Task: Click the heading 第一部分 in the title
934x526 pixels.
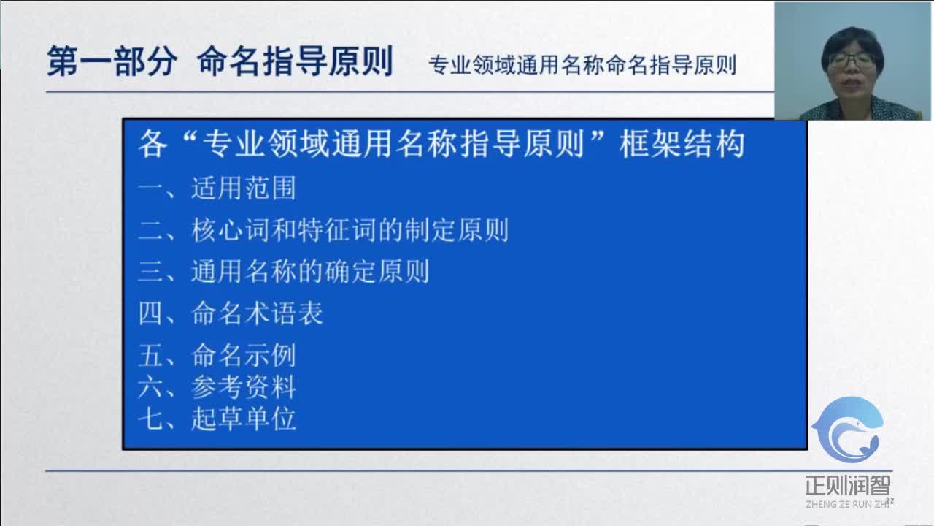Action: [112, 62]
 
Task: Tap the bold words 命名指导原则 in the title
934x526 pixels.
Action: [295, 62]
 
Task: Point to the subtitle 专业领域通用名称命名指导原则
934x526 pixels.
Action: [582, 65]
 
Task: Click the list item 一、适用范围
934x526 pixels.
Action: [217, 188]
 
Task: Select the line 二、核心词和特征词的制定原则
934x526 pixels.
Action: [323, 230]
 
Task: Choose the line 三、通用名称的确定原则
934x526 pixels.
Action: [283, 272]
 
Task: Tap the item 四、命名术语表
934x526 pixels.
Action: [231, 313]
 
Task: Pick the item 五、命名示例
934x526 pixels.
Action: [217, 355]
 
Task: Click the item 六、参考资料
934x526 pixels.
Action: [217, 387]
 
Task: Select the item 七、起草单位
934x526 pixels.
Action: [217, 419]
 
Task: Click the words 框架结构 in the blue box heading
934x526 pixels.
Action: [682, 144]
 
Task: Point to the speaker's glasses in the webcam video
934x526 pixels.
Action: [852, 61]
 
